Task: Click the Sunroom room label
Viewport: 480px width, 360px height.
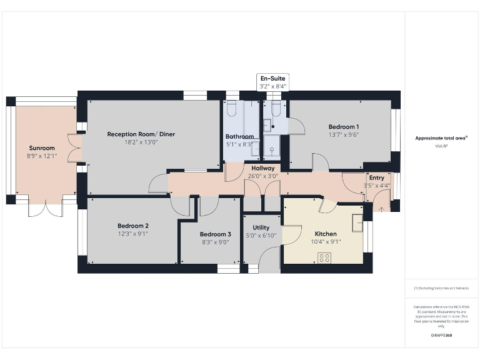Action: (x=42, y=148)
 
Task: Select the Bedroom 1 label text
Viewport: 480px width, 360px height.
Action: (x=343, y=126)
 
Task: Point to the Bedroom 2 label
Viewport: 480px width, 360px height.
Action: (x=132, y=226)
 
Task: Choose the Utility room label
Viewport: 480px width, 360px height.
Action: (x=261, y=227)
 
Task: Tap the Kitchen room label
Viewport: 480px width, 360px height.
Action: (x=326, y=234)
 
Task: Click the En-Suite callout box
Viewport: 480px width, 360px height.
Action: (x=273, y=82)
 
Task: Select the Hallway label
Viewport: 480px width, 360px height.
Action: (x=263, y=168)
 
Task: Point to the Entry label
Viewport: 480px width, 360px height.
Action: (x=377, y=178)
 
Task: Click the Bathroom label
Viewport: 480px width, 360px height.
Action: (x=239, y=136)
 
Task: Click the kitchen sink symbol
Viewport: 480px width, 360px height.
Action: (x=357, y=222)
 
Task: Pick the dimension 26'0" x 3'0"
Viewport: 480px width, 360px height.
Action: (x=263, y=176)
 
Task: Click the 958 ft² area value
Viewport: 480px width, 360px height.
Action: (x=442, y=146)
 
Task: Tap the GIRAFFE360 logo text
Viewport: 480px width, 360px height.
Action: (x=441, y=336)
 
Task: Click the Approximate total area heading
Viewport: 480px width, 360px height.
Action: (x=442, y=138)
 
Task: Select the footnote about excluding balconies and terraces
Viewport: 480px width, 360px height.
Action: (x=441, y=288)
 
